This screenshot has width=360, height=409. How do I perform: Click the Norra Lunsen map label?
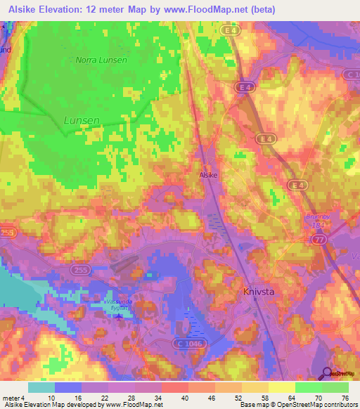pos(103,60)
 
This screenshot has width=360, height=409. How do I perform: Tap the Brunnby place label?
pos(317,217)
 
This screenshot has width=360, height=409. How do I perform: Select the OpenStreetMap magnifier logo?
pos(328,375)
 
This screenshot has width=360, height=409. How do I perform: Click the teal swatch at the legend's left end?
pos(41,387)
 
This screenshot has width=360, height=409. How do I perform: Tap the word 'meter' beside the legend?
pos(12,398)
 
